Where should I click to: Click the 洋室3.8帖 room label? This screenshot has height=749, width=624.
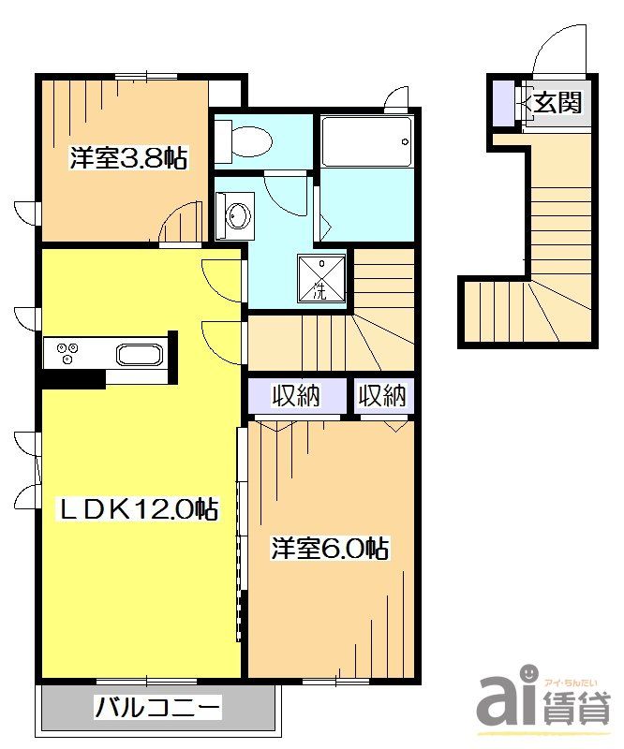tap(128, 157)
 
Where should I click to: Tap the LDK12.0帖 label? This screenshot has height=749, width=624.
tap(137, 509)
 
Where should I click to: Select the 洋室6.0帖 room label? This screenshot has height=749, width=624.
tap(330, 548)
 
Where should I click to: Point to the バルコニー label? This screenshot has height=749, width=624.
tap(158, 708)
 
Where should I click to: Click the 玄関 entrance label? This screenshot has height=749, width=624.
tap(557, 102)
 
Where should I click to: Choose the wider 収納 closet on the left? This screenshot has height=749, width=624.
tap(296, 395)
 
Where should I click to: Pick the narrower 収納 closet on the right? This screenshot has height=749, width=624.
tap(382, 395)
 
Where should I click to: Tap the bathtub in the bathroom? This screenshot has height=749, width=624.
tap(366, 141)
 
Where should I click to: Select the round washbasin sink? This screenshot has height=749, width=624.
tap(239, 216)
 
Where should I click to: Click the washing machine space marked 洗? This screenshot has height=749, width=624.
tap(321, 279)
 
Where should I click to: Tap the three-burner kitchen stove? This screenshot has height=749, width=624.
tap(67, 354)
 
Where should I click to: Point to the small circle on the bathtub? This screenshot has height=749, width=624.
tap(406, 141)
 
